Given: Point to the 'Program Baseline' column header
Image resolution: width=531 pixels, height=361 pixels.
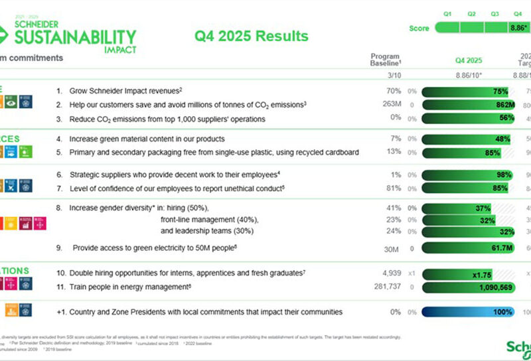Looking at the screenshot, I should (x=384, y=60).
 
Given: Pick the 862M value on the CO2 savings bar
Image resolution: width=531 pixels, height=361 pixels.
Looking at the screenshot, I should (x=504, y=105).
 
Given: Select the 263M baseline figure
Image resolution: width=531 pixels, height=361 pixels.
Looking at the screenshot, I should (x=392, y=105).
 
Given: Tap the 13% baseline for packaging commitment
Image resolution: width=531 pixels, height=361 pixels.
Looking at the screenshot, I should (x=395, y=153).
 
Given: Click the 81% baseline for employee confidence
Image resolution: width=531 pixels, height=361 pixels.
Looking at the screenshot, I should (x=395, y=188).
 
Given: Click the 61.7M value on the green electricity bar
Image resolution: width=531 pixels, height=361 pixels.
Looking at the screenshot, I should (x=501, y=248).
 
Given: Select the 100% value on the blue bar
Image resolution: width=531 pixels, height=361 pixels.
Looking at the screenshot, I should (x=502, y=312).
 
